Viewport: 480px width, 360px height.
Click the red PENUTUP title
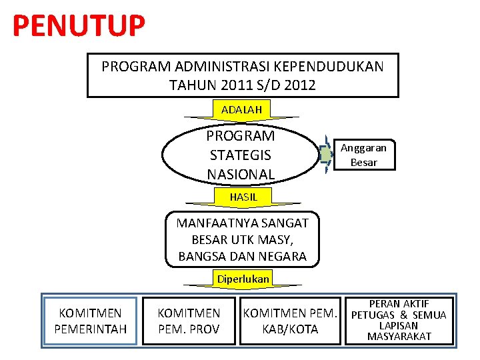[79, 26]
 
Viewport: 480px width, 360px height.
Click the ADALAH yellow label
[241, 109]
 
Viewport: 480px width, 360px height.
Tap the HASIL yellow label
[243, 197]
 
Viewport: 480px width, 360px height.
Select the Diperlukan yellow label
[243, 279]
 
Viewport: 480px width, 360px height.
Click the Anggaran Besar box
[364, 155]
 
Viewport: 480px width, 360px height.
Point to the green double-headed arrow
[325, 154]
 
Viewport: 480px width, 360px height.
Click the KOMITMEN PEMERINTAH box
[90, 321]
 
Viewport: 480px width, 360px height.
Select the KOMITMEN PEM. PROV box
[189, 321]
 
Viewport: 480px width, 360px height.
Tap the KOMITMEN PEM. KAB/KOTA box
[290, 321]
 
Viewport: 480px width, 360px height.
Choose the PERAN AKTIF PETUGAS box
[399, 321]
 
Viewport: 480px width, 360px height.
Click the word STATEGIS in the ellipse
[240, 155]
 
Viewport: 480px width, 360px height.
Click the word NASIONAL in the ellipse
[240, 175]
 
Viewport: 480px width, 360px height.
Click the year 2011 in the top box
[219, 85]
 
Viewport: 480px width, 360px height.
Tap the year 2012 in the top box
[300, 85]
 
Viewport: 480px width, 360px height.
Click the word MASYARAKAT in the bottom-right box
[399, 337]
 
